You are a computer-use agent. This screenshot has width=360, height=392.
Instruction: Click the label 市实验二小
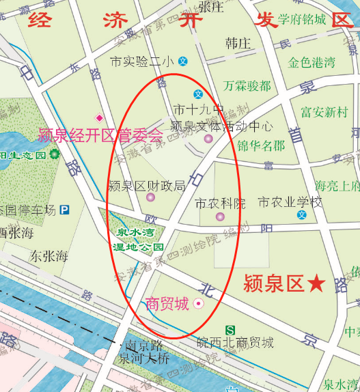(142, 61)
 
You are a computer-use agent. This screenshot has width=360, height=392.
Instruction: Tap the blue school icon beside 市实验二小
(183, 61)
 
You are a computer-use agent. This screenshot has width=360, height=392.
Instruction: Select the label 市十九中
(199, 109)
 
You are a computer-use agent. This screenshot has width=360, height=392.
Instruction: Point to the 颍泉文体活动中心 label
(221, 126)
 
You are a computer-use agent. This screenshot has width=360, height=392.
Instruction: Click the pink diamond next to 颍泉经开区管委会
(99, 117)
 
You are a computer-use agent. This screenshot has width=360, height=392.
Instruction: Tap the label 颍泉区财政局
(147, 185)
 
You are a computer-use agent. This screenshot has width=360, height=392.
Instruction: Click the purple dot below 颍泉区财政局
(151, 198)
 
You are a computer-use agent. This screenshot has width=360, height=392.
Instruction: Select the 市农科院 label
(220, 204)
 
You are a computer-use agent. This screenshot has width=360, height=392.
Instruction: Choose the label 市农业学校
(290, 202)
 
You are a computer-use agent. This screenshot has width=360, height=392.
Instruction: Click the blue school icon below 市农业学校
(301, 216)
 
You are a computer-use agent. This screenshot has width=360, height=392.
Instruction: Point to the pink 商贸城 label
(167, 303)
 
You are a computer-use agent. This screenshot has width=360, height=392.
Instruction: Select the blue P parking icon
(65, 210)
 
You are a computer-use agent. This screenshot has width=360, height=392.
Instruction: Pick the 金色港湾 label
(311, 63)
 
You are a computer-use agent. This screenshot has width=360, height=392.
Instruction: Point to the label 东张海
(49, 257)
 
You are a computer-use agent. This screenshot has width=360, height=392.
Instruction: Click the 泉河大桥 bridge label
(144, 358)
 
